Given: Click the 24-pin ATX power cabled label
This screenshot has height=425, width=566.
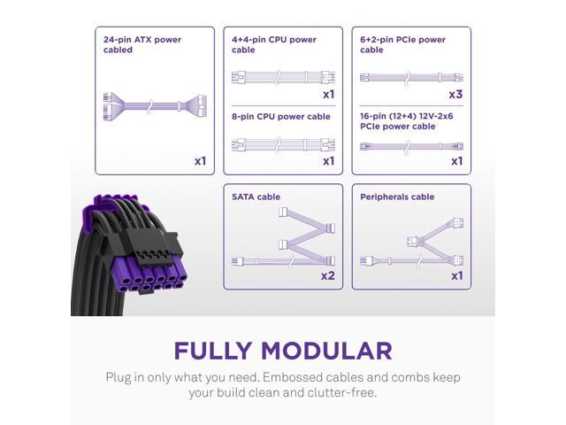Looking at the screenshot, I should (141, 44).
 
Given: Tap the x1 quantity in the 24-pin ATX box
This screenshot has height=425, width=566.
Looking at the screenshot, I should (200, 161).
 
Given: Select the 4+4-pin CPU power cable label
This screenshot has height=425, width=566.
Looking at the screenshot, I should (273, 44).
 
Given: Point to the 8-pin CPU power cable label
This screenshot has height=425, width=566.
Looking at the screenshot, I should (280, 116).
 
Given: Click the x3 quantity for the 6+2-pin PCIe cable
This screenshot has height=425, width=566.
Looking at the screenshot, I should (456, 94).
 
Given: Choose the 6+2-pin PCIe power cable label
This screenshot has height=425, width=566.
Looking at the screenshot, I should (402, 44).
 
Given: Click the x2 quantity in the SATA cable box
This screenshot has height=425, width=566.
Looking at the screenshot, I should (327, 276).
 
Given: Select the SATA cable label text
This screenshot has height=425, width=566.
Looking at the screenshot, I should (256, 197).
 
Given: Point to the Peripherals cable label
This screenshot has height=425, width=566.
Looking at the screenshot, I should (397, 197).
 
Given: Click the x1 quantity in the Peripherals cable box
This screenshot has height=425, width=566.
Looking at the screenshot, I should (456, 276).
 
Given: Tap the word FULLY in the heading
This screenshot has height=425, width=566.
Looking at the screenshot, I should (220, 350).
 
